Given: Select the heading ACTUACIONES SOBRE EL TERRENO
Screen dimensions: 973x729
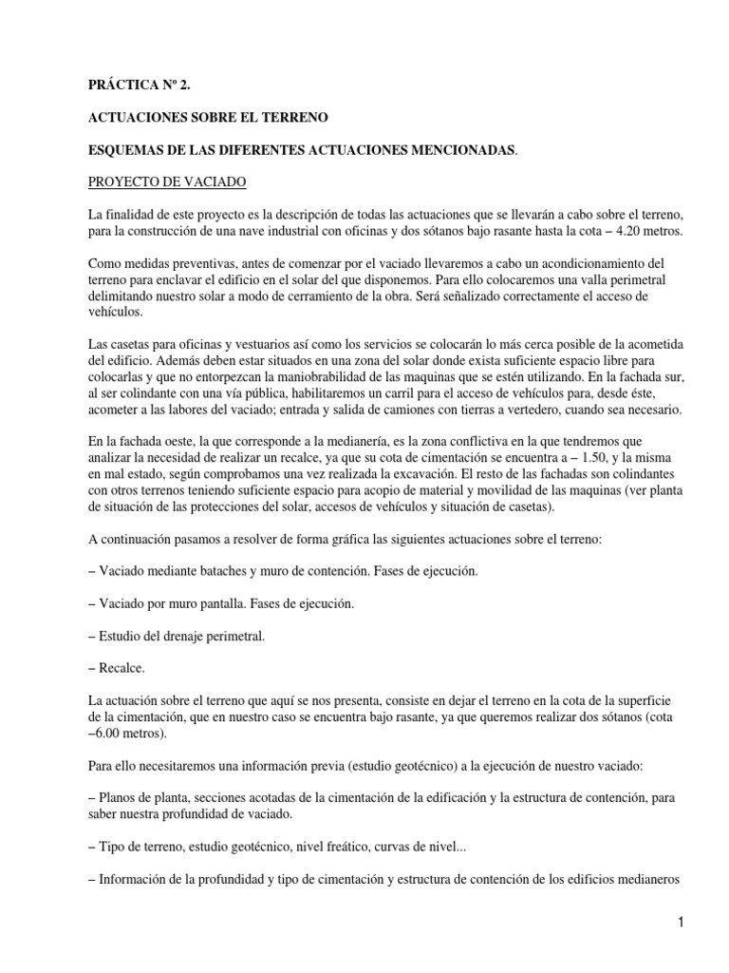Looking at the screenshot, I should pos(208,118).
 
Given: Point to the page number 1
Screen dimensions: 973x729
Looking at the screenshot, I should pos(682,921).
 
